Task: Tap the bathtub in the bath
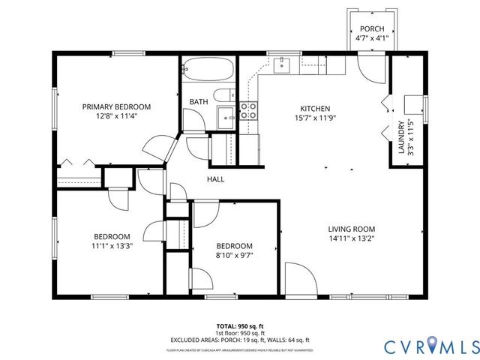click(x=207, y=70)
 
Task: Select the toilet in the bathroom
click(x=222, y=95)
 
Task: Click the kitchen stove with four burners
click(x=248, y=112)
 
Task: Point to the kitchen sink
click(x=282, y=65)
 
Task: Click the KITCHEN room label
click(x=315, y=108)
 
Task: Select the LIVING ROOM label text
click(x=351, y=229)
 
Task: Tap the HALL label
click(x=216, y=179)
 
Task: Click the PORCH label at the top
click(x=371, y=29)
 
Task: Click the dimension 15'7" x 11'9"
click(x=315, y=117)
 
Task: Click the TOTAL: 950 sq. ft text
click(x=240, y=326)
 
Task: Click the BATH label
click(x=199, y=101)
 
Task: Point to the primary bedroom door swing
click(x=159, y=147)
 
